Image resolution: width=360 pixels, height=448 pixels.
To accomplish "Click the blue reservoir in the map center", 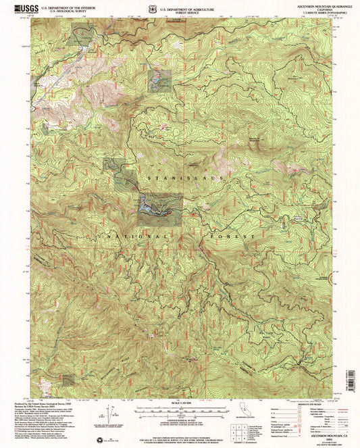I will pyautogui.click(x=154, y=210).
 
